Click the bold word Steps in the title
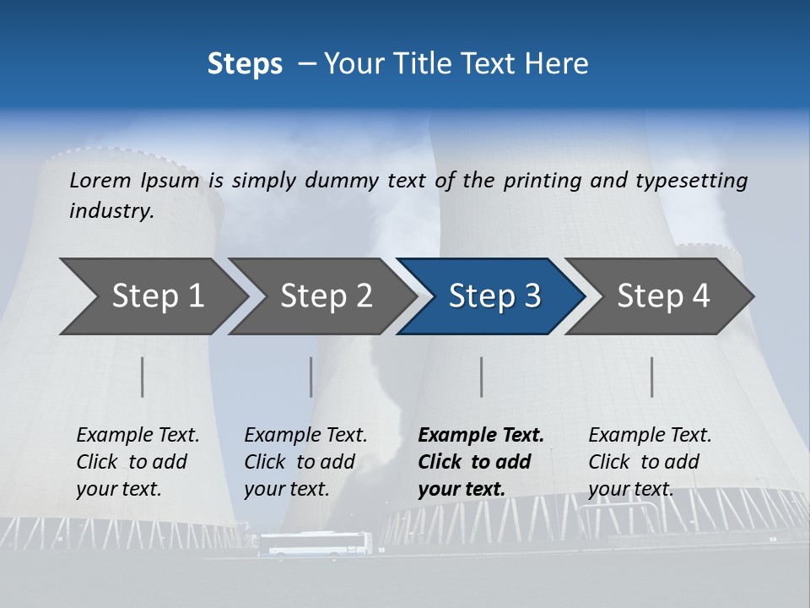click(x=245, y=64)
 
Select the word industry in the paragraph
click(x=111, y=211)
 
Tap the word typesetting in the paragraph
click(x=691, y=181)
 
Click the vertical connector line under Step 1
click(x=143, y=377)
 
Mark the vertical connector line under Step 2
click(x=311, y=377)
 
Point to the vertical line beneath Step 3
click(x=482, y=377)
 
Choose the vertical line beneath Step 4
click(x=652, y=377)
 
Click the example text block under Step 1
click(x=138, y=462)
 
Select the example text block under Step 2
click(x=305, y=462)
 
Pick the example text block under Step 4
click(x=650, y=462)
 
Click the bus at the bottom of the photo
click(x=315, y=545)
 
